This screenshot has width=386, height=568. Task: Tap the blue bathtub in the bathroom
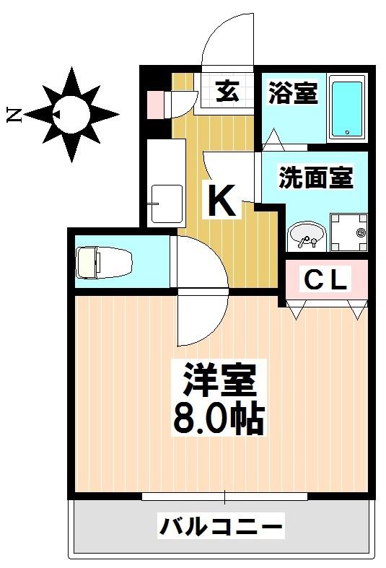[x=347, y=109]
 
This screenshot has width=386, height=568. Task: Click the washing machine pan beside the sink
[x=348, y=232]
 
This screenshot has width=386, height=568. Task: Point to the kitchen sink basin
[x=167, y=204]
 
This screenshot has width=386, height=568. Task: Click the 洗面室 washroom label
[x=315, y=177]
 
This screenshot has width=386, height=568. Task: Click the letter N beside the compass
[x=14, y=115]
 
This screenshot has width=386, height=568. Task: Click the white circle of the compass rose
[x=71, y=115]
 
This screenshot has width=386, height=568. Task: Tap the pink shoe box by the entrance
[x=155, y=105]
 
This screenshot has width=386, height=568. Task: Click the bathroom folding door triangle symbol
[x=273, y=139]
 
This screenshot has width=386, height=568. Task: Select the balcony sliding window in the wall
[x=224, y=497]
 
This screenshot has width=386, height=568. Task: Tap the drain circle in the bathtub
[x=347, y=132]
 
